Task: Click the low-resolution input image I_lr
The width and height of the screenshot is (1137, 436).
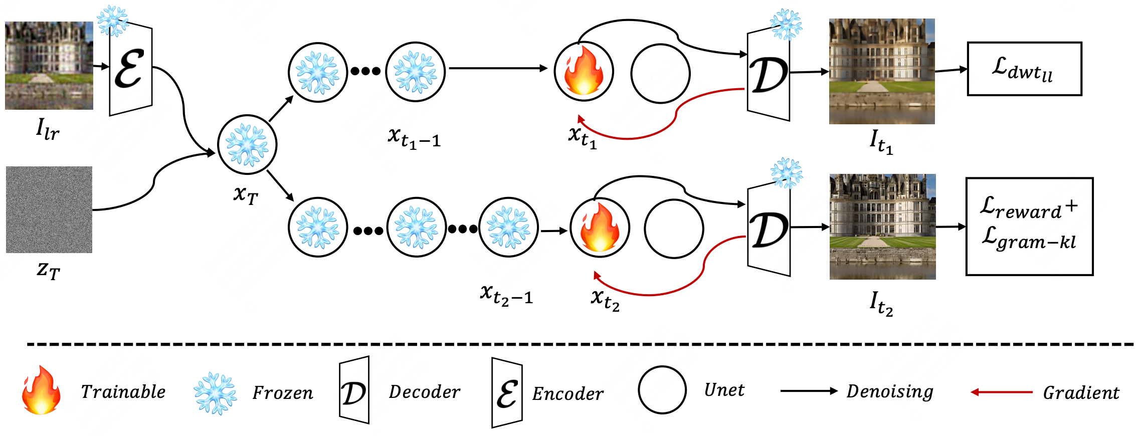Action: (x=49, y=65)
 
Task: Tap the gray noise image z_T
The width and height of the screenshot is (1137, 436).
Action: (x=49, y=209)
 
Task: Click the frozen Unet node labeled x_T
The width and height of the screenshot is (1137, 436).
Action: (x=247, y=145)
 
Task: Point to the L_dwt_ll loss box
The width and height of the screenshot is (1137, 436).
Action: (x=1024, y=69)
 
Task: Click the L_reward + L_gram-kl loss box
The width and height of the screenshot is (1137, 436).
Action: (x=1029, y=226)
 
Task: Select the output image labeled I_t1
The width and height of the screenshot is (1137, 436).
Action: (x=881, y=71)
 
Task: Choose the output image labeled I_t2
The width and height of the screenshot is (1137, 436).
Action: (x=882, y=227)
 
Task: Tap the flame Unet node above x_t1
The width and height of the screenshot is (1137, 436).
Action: (x=584, y=72)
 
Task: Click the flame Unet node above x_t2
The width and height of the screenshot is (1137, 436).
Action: (x=600, y=228)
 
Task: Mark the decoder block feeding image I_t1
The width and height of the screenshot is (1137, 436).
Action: (x=769, y=74)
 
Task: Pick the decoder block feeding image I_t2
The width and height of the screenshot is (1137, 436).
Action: (x=769, y=230)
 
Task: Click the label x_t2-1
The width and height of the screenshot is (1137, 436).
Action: (x=506, y=294)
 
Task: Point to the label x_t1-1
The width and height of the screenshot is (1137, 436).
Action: (x=414, y=137)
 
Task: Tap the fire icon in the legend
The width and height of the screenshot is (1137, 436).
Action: (x=41, y=390)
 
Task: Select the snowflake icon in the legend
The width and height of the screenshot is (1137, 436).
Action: (x=216, y=393)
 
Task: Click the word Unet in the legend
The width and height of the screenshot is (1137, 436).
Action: (x=724, y=390)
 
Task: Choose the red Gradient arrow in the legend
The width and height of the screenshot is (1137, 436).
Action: (x=1001, y=392)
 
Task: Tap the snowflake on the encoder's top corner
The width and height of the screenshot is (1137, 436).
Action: (x=113, y=21)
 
